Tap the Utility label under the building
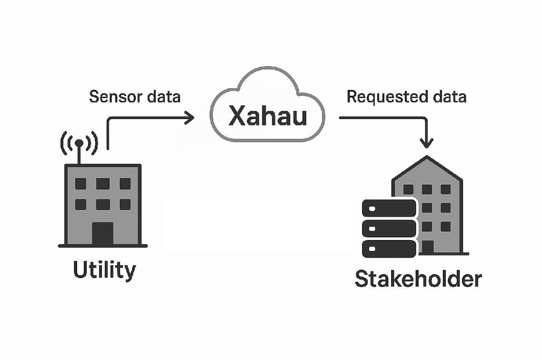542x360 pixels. tap(104, 270)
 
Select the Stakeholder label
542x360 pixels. tap(418, 279)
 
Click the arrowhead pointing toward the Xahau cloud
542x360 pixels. tap(190, 118)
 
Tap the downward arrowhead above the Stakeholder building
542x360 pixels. tap(427, 142)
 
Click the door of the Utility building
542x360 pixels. tap(102, 233)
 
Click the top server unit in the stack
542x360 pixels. tap(389, 208)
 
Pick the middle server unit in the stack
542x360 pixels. tap(389, 229)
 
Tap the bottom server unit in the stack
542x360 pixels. tap(389, 249)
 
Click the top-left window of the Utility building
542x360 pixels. tap(80, 183)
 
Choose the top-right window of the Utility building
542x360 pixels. tap(125, 183)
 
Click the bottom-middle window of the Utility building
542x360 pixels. tap(102, 204)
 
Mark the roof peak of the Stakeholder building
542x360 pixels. tap(427, 158)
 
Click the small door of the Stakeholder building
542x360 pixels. tap(428, 247)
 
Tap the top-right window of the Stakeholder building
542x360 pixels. tap(445, 190)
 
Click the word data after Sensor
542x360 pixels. tap(164, 97)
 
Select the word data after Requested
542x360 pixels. tap(449, 97)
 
